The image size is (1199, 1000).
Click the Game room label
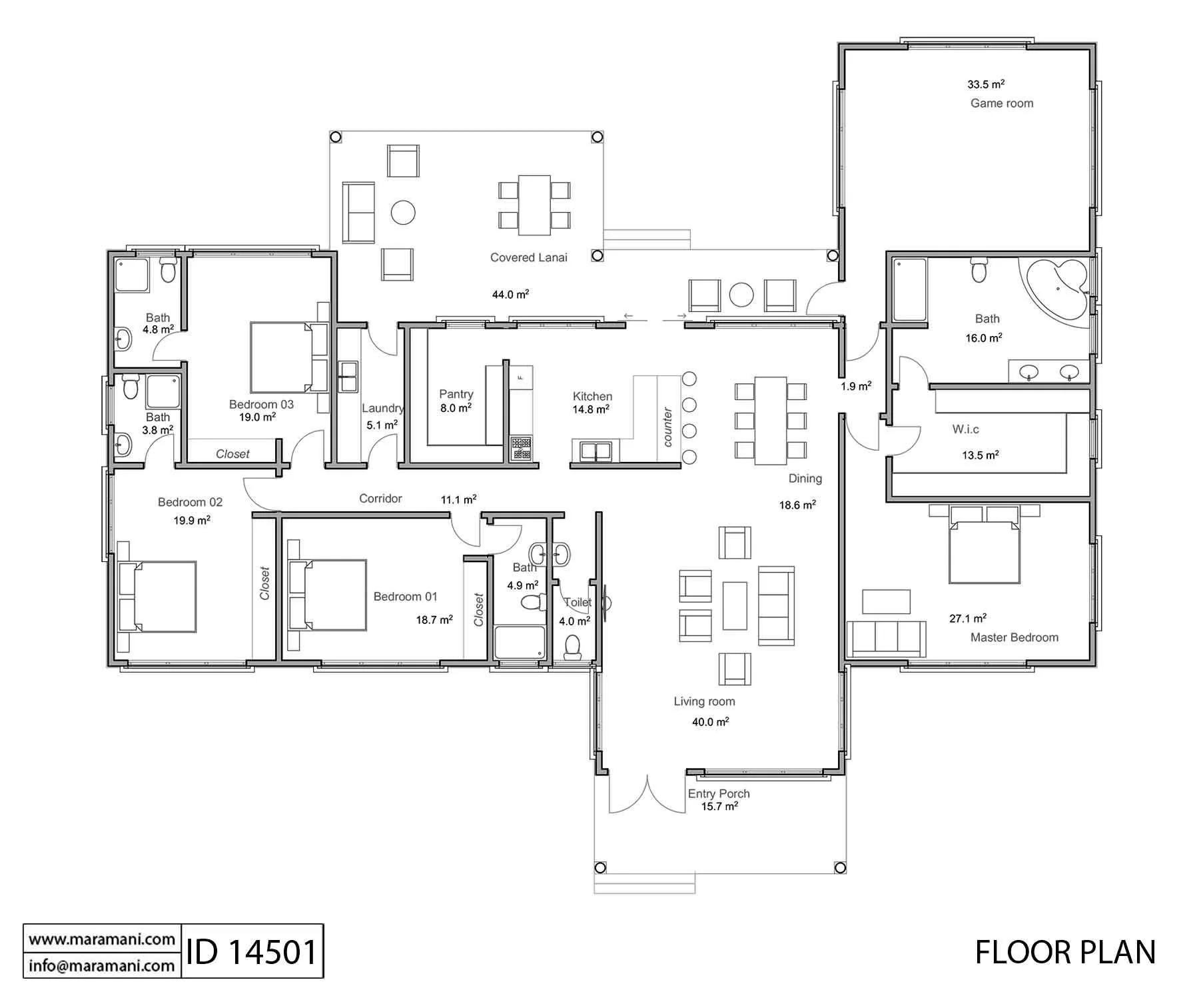pos(1001,103)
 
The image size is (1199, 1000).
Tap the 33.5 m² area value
pos(986,85)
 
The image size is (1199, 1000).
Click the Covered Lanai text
pos(528,257)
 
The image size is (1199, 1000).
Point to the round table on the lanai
pos(403,213)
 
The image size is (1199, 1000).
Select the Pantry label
pos(456,394)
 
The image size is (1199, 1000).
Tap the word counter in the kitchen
pos(668,427)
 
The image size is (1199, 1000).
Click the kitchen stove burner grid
pos(521,448)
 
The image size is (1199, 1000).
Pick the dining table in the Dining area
pos(770,420)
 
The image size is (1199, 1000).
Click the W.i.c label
pos(965,429)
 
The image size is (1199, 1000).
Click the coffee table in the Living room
pos(735,605)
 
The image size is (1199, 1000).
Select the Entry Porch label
pos(719,793)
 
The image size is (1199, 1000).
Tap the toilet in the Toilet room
pos(572,647)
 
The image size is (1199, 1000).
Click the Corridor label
pos(380,499)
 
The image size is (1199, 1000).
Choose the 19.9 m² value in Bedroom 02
pos(192,520)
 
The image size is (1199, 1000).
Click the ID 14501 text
pos(251,951)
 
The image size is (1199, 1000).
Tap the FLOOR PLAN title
pos(1065,952)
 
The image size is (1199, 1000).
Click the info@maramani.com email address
pos(101,965)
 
